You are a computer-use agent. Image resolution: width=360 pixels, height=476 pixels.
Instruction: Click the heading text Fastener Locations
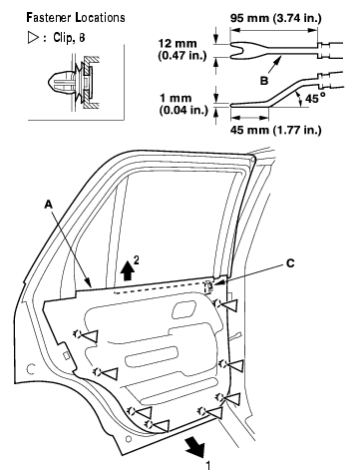click(76, 17)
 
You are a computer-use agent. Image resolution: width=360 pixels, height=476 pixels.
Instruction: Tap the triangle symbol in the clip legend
click(33, 38)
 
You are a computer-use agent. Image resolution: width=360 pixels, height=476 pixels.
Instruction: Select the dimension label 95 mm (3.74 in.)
click(275, 18)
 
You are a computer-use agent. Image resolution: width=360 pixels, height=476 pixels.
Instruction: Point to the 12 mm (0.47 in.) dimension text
click(181, 49)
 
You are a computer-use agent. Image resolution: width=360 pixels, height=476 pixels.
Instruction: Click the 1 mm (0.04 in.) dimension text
click(183, 104)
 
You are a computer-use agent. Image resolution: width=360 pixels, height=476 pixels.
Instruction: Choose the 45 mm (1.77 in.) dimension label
click(275, 130)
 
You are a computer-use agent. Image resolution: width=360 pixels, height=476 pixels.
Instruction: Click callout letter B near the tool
click(264, 81)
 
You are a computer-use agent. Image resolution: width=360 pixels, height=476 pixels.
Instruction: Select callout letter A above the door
click(49, 205)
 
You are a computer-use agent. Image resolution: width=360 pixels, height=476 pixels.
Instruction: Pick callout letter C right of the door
click(290, 263)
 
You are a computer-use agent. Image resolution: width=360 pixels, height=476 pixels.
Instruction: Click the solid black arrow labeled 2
click(128, 272)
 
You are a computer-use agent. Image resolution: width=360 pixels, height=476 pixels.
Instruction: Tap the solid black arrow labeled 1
click(194, 446)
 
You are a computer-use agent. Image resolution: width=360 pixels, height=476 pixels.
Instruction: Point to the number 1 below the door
click(208, 466)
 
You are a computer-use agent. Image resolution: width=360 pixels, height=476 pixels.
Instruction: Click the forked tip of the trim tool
click(236, 51)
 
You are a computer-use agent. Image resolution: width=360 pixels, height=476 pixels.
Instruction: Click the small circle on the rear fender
click(31, 368)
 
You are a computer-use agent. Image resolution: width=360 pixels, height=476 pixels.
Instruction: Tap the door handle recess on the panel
click(183, 309)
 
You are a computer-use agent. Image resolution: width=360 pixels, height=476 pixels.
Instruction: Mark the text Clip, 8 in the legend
click(69, 38)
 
